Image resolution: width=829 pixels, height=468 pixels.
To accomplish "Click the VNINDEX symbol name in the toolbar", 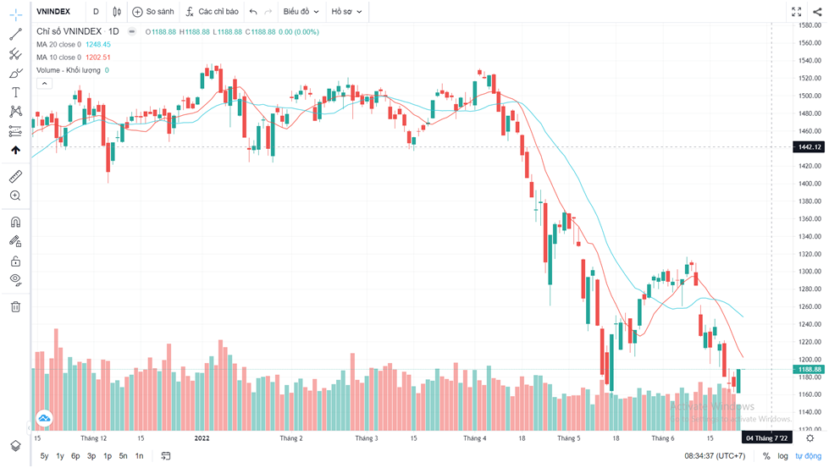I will (x=53, y=12).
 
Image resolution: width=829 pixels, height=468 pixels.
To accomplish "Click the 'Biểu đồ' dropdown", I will (x=301, y=12).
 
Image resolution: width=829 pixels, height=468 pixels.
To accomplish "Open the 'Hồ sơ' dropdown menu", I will (x=345, y=12).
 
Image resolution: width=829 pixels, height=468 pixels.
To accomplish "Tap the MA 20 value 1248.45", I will (x=98, y=44).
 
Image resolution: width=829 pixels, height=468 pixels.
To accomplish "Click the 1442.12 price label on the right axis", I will (x=807, y=147).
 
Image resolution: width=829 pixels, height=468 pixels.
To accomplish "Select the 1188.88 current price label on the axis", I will (x=807, y=370).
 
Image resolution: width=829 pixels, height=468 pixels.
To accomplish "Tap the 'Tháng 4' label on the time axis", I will (x=474, y=438).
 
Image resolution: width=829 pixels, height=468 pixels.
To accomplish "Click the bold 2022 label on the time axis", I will (x=202, y=438).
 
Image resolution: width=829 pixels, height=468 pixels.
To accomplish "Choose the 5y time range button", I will (x=44, y=456).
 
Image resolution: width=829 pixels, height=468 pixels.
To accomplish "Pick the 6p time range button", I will (x=75, y=456).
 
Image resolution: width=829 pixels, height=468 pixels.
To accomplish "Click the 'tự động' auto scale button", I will (x=808, y=456).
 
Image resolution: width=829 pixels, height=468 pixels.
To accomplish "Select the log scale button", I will (x=783, y=456).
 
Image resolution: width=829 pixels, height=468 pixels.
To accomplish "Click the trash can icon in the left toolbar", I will (x=15, y=306).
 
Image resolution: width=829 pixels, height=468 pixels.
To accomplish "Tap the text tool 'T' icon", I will (x=15, y=91).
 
